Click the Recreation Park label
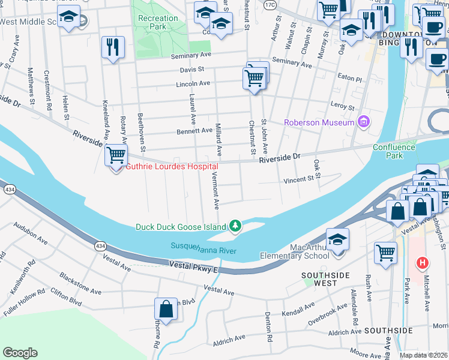(158, 23)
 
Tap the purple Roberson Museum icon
(363, 122)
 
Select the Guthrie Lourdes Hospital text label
(171, 166)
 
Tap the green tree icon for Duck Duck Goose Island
(237, 226)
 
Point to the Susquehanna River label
(204, 247)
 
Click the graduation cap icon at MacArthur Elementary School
(338, 239)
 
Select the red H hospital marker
(423, 263)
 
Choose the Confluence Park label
(394, 151)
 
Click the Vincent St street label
(299, 179)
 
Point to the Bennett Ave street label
(194, 130)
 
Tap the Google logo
(20, 353)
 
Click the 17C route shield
(270, 4)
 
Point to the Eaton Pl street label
(351, 79)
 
